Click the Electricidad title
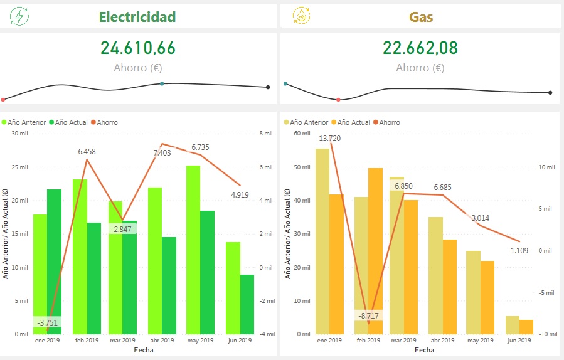pos(137,17)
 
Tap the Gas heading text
pos(421,17)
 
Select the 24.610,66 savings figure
pos(138,48)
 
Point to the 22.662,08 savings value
pos(420,48)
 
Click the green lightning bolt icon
pos(19,16)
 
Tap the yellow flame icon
pos(301,16)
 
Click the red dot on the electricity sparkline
pos(3,100)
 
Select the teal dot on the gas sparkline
pos(285,84)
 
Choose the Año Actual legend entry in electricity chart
pos(68,122)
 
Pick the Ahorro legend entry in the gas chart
pos(386,122)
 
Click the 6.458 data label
pos(87,152)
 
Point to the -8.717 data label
pos(368,315)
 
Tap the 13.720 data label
pos(329,139)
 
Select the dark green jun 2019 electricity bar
pos(247,304)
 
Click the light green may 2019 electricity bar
pos(193,250)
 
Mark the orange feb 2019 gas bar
pos(375,251)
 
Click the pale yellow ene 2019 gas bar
pos(322,241)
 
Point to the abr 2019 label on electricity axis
pos(162,340)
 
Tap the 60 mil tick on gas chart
pos(302,134)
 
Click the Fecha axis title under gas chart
pos(425,350)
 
